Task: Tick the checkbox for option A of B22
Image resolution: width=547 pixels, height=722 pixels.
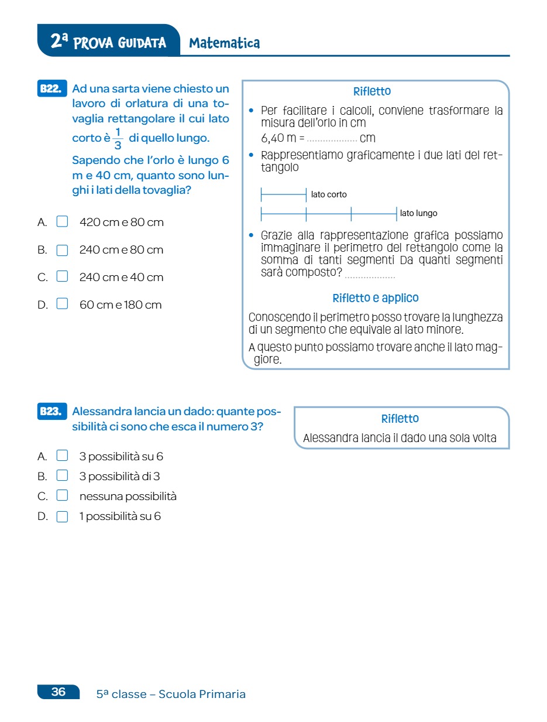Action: point(62,222)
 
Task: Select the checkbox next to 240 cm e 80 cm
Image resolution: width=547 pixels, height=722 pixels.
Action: point(62,250)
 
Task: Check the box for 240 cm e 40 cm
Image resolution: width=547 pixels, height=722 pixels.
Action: point(62,277)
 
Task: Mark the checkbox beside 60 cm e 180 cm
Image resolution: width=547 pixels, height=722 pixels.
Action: point(62,304)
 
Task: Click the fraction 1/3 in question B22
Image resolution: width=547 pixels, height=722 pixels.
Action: point(118,139)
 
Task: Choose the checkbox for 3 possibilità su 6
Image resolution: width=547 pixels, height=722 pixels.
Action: point(62,456)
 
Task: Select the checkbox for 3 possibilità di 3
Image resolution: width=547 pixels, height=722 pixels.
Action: point(62,476)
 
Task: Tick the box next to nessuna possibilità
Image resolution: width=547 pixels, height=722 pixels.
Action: point(62,496)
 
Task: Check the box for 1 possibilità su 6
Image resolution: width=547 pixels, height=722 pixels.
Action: point(62,516)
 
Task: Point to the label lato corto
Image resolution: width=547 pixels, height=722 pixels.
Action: point(329,194)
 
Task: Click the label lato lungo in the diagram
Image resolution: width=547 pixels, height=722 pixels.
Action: point(418,213)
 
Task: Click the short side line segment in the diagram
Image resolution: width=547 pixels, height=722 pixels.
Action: point(284,194)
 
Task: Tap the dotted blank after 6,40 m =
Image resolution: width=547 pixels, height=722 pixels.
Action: point(332,140)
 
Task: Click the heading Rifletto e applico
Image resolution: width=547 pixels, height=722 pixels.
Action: point(376,298)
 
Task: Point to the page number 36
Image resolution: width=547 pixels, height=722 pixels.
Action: point(59,692)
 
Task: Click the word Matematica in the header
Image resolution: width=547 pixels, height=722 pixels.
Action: point(225,43)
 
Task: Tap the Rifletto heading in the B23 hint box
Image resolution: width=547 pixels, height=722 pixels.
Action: point(400,419)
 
